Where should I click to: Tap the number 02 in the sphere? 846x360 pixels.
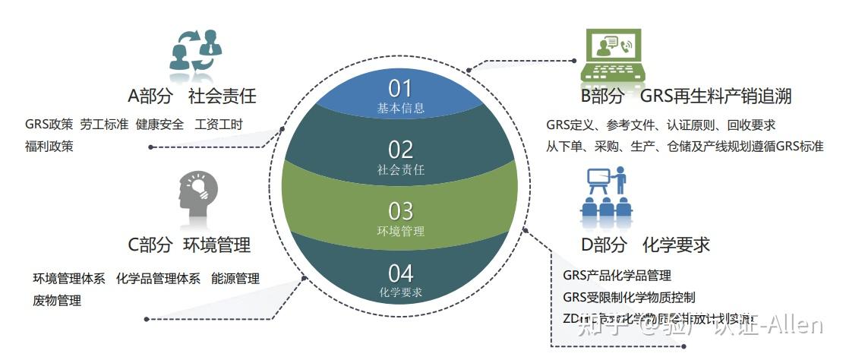(400, 149)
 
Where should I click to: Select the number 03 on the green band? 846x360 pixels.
(400, 210)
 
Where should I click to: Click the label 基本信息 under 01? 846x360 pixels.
(400, 109)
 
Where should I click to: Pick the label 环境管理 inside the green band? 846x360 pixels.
(400, 231)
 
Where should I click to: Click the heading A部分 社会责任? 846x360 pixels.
(191, 96)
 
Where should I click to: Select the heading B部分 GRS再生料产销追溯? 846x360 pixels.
(686, 96)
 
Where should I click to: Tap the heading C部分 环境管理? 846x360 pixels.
(189, 245)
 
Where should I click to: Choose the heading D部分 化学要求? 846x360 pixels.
(645, 245)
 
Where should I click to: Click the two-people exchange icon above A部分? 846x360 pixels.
(196, 52)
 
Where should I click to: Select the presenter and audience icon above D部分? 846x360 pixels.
(607, 194)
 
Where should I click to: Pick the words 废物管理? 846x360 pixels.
(57, 300)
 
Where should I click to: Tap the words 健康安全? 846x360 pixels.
(159, 125)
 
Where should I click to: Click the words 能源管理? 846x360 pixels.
(235, 279)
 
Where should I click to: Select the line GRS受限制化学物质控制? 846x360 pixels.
(629, 297)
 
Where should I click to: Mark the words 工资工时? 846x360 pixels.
(219, 125)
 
